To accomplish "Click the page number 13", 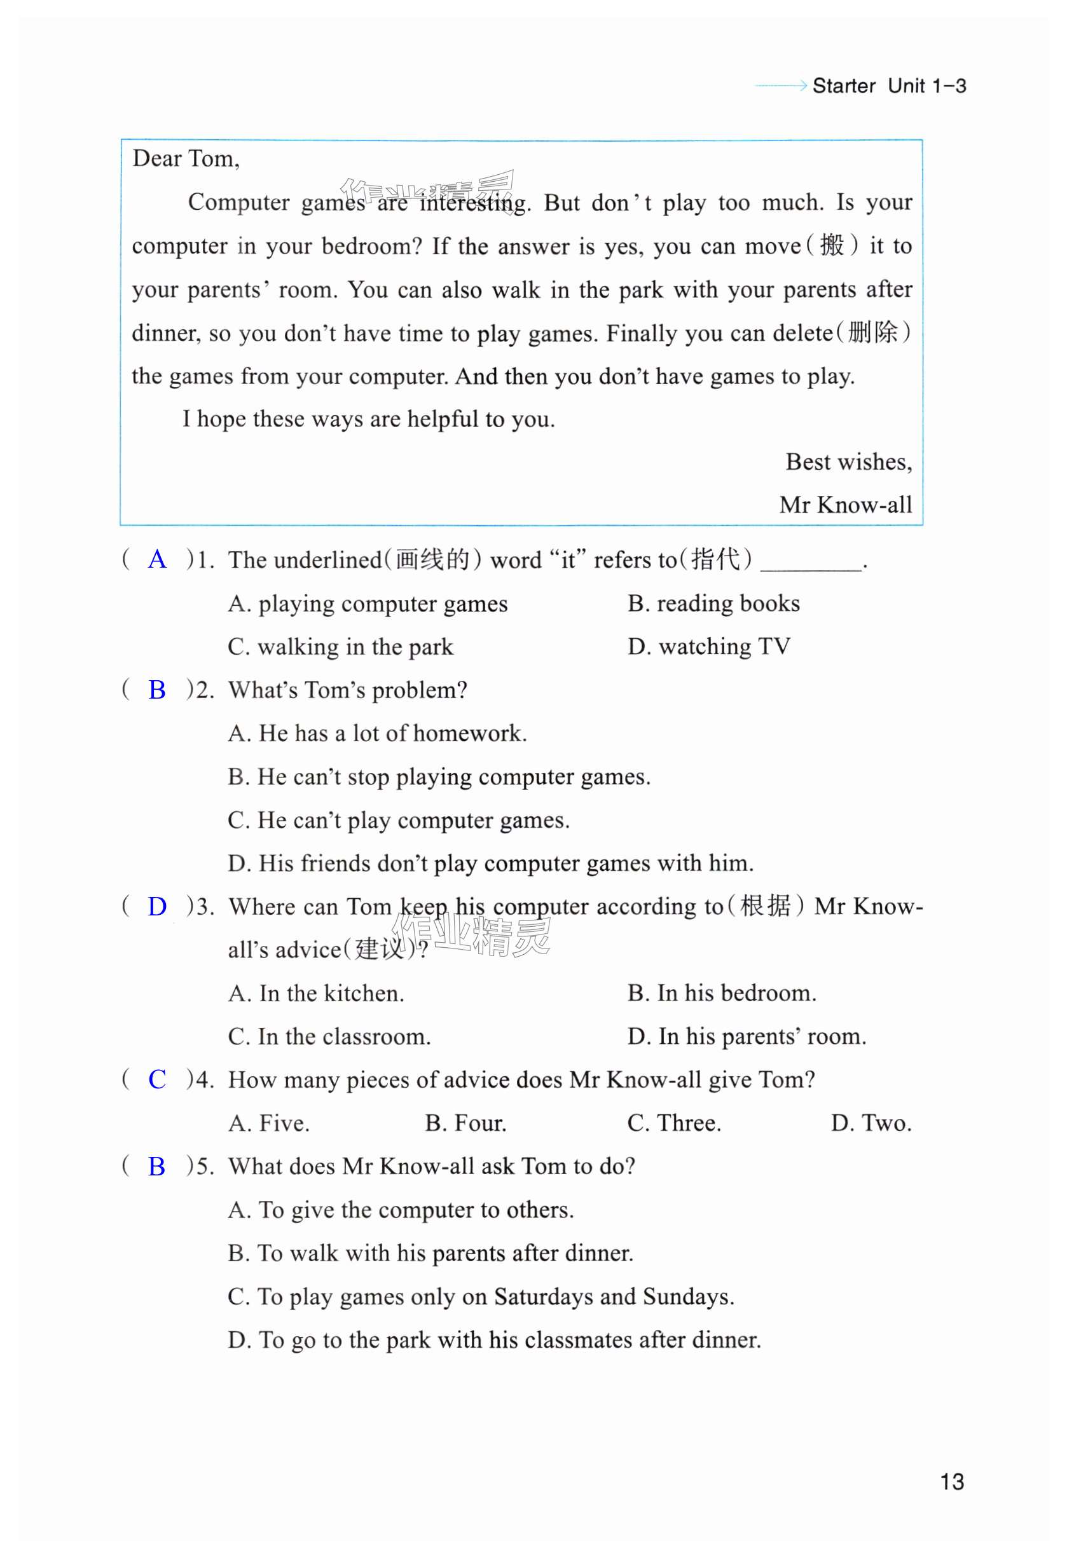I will pyautogui.click(x=951, y=1481).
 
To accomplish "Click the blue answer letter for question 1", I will pyautogui.click(x=157, y=559).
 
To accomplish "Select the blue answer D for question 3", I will pyautogui.click(x=157, y=907).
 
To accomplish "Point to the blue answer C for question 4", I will pyautogui.click(x=157, y=1079).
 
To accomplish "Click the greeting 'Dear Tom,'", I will pyautogui.click(x=186, y=158).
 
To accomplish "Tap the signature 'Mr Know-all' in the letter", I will pyautogui.click(x=846, y=505).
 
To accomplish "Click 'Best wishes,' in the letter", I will pyautogui.click(x=849, y=462).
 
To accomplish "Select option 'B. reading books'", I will pyautogui.click(x=713, y=603).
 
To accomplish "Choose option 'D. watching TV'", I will pyautogui.click(x=708, y=647).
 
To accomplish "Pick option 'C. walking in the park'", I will pyautogui.click(x=340, y=647).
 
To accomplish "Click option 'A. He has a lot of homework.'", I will pyautogui.click(x=376, y=733).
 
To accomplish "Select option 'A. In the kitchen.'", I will pyautogui.click(x=315, y=993).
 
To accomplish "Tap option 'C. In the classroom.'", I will pyautogui.click(x=329, y=1036).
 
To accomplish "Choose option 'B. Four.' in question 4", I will pyautogui.click(x=465, y=1123).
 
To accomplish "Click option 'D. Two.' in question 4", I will pyautogui.click(x=871, y=1123).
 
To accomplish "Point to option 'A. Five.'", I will pyautogui.click(x=268, y=1123).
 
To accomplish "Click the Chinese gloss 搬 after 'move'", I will pyautogui.click(x=831, y=245).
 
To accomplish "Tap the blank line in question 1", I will pyautogui.click(x=811, y=564).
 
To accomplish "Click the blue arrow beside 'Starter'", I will pyautogui.click(x=781, y=85).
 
